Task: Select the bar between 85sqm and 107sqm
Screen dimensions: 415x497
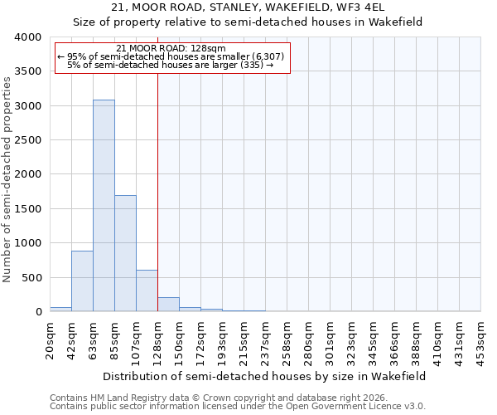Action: [x=125, y=253]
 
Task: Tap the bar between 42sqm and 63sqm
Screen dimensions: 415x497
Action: [x=82, y=281]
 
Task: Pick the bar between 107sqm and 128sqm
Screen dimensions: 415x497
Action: [x=147, y=290]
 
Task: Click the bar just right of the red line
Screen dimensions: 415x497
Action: [x=168, y=305]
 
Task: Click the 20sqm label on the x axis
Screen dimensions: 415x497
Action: [x=51, y=338]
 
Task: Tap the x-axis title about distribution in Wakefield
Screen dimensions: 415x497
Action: [x=265, y=376]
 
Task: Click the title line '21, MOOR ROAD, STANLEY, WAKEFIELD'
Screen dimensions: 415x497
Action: [x=248, y=7]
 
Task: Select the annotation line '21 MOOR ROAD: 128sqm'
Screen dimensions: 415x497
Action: [x=171, y=49]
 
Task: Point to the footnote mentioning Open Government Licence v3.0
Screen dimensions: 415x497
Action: [x=238, y=407]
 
